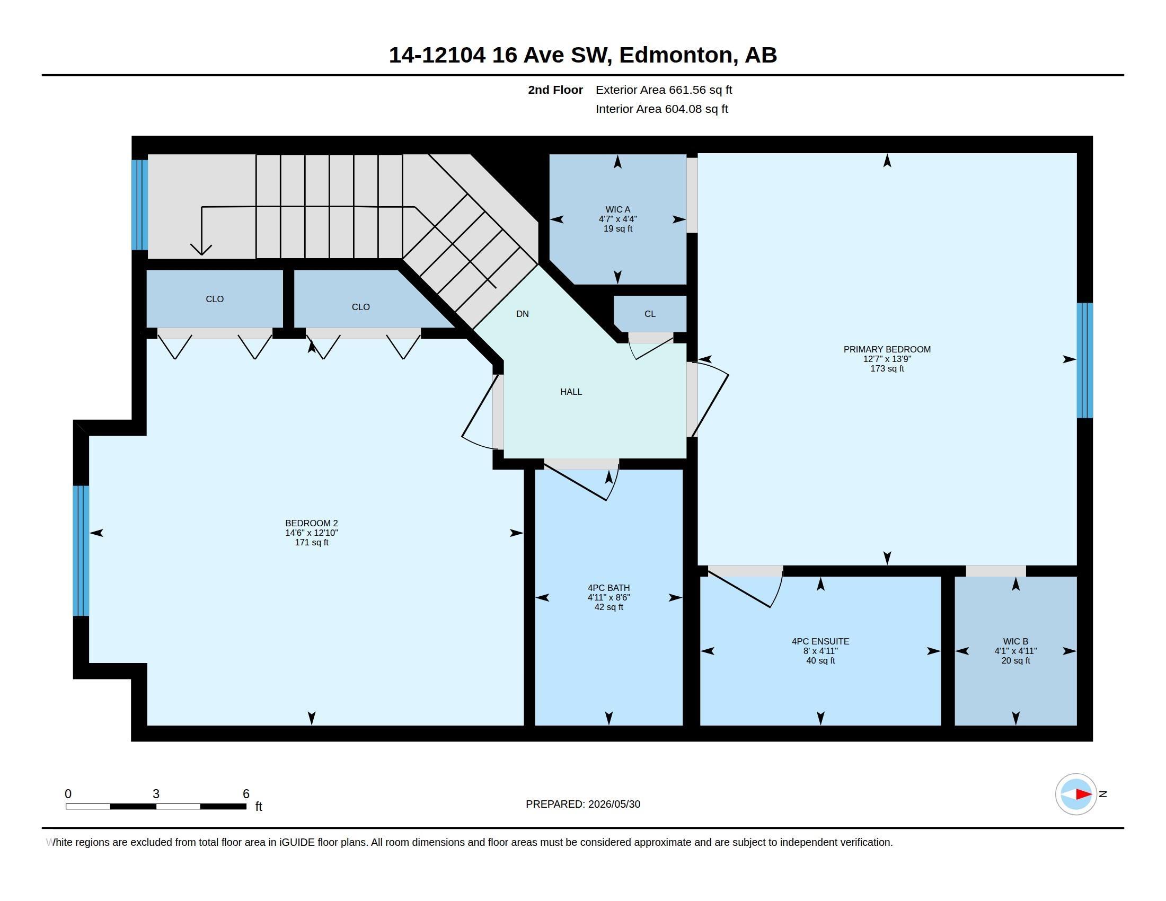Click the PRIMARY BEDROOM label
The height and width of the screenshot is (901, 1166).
point(887,349)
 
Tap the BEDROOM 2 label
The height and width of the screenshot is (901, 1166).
point(311,523)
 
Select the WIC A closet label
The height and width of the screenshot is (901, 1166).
point(617,209)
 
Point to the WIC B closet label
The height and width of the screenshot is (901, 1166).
point(1015,641)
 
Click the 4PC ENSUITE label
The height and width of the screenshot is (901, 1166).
point(820,641)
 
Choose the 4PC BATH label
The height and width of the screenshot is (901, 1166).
point(608,588)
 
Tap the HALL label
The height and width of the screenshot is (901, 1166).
point(571,392)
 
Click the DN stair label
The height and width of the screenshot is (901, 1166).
point(523,314)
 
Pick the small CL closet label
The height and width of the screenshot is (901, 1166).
point(650,314)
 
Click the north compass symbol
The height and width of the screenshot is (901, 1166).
point(1076,794)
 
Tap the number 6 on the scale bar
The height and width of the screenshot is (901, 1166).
point(246,794)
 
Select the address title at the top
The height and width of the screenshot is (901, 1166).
point(583,55)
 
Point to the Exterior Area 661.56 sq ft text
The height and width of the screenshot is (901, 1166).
point(664,90)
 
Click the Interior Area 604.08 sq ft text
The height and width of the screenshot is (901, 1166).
point(661,109)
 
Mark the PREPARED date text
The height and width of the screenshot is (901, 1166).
point(583,805)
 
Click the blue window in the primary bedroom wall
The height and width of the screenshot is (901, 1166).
point(1085,360)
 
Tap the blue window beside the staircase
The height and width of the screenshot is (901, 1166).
point(140,205)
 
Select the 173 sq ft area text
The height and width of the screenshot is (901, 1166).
point(887,368)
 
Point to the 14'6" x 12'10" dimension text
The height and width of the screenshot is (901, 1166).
point(311,533)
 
